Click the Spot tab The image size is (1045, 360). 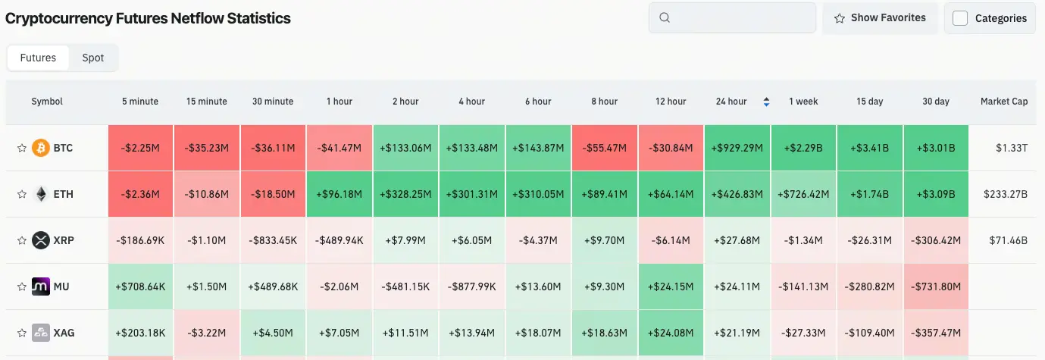93,58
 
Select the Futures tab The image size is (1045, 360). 38,58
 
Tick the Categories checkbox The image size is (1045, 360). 959,18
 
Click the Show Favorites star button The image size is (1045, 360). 880,18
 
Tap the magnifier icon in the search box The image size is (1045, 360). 665,17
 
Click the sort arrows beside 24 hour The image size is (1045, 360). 766,102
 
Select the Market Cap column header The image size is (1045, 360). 1004,102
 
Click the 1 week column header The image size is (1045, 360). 803,102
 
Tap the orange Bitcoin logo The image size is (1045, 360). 41,148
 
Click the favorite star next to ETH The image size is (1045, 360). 21,194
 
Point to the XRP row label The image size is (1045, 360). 64,240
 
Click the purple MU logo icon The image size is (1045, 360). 41,286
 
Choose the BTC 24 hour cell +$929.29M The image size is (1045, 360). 737,148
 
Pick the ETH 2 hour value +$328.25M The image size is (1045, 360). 405,194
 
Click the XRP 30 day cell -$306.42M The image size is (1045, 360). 936,240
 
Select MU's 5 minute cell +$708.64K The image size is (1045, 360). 140,286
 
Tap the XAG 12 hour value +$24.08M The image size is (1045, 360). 671,333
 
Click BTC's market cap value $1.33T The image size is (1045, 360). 1012,148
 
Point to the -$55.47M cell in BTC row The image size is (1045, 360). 605,148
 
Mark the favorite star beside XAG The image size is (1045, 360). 21,333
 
